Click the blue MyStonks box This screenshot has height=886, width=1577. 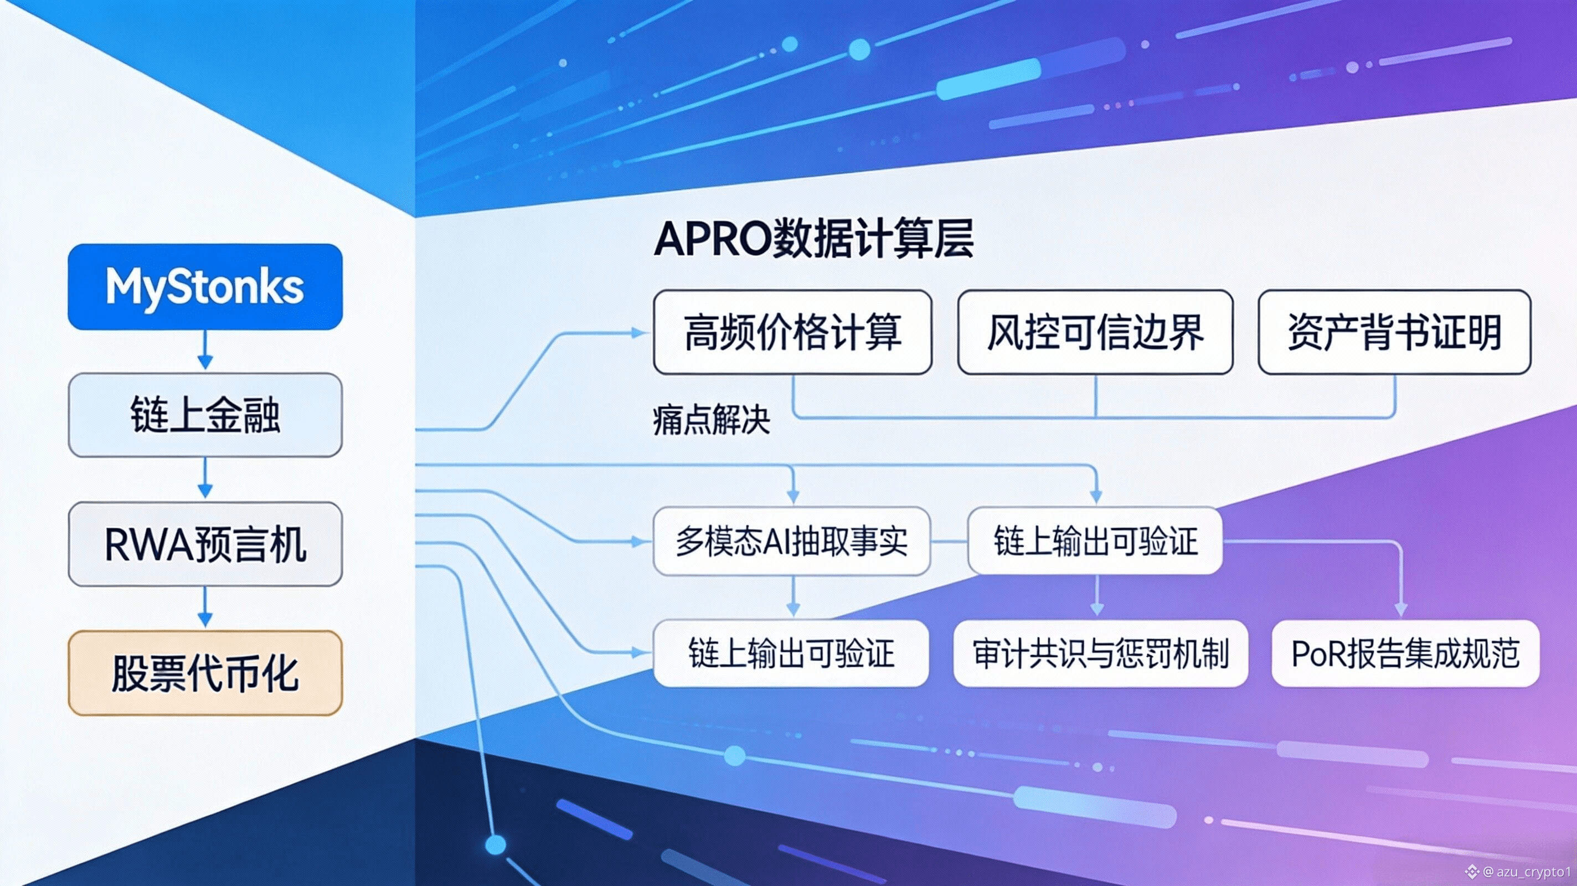click(x=205, y=286)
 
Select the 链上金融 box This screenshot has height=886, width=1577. click(x=205, y=415)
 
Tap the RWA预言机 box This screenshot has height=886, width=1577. click(x=205, y=544)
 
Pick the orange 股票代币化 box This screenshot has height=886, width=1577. click(x=205, y=673)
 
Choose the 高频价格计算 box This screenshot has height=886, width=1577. click(x=793, y=332)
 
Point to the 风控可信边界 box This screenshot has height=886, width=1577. click(x=1095, y=332)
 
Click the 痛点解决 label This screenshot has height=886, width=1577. click(x=712, y=420)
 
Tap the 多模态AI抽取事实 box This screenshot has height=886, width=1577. click(x=792, y=541)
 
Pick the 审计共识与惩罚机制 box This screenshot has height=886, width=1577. click(x=1101, y=653)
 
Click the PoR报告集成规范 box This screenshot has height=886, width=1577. click(x=1405, y=653)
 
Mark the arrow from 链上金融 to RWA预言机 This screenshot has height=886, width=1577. click(x=205, y=478)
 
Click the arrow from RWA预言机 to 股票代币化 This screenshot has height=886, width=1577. click(x=205, y=607)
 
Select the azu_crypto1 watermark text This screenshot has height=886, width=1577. click(x=1534, y=870)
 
